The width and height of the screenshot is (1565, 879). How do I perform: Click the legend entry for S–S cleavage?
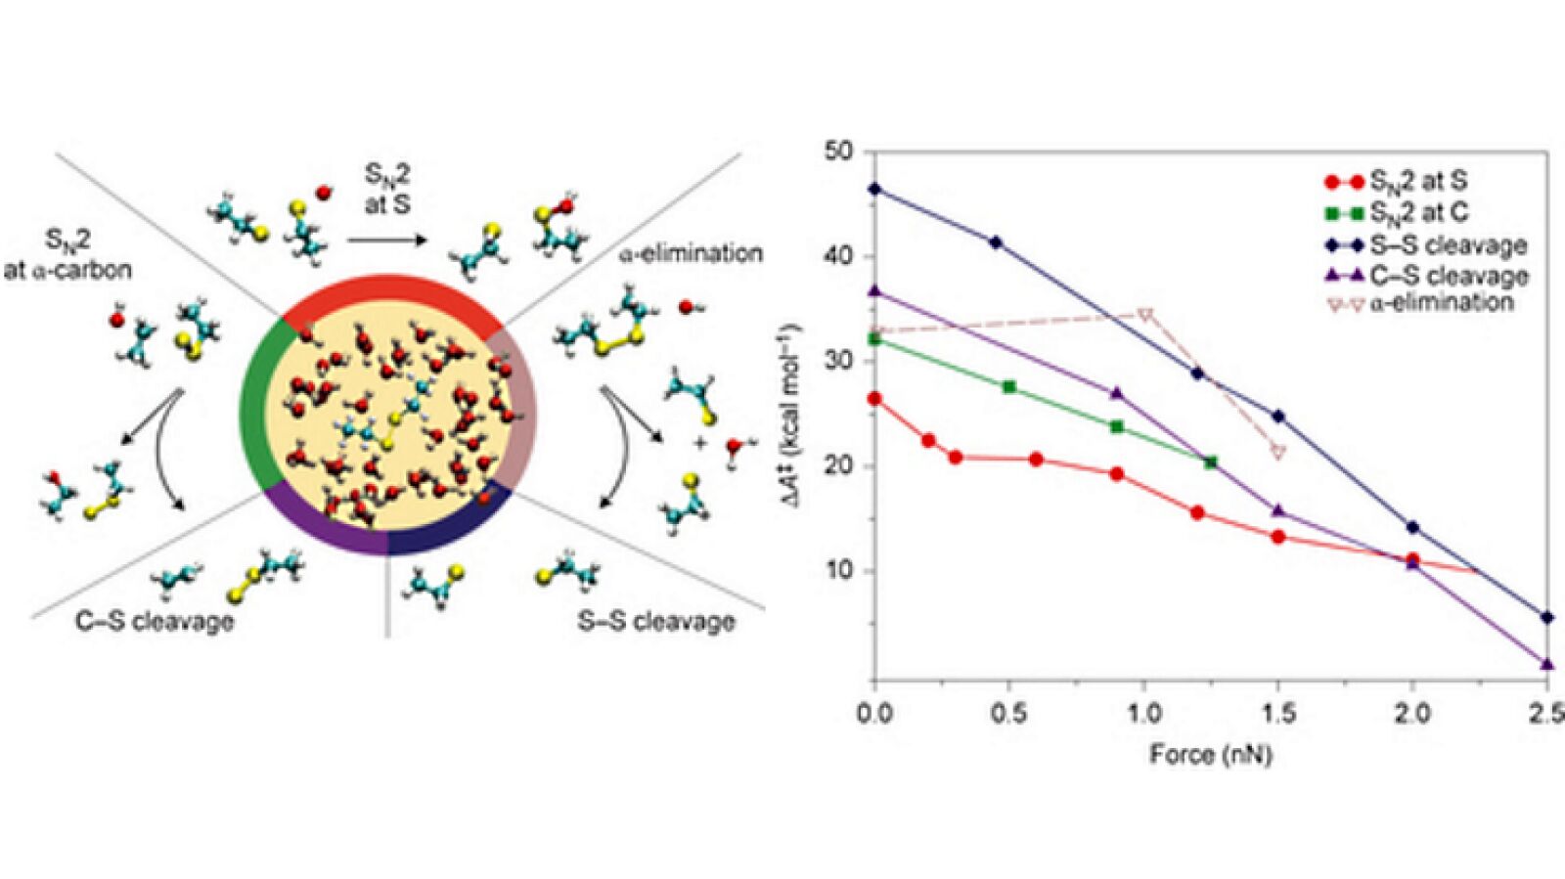(x=1448, y=245)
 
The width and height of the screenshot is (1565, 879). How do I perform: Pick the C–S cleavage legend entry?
(x=1448, y=275)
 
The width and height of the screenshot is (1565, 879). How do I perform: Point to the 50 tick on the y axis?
(x=840, y=152)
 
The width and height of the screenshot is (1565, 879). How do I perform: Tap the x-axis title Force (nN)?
(x=1210, y=754)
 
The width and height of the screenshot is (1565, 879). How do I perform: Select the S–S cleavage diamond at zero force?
(x=874, y=189)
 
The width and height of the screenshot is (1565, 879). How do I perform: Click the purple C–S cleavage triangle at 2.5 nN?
(x=1546, y=664)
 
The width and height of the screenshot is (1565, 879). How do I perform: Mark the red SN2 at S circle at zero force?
(x=874, y=398)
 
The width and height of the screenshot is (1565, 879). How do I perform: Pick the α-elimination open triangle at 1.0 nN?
(x=1145, y=315)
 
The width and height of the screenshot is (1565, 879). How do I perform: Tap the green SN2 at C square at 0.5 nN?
(x=1009, y=387)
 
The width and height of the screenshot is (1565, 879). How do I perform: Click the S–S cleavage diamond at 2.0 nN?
(x=1411, y=527)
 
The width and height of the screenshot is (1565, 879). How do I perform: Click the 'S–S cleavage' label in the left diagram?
(x=655, y=621)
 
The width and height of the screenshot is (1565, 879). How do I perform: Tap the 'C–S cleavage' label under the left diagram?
(x=155, y=621)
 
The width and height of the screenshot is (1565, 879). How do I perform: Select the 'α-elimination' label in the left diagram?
(x=691, y=253)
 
